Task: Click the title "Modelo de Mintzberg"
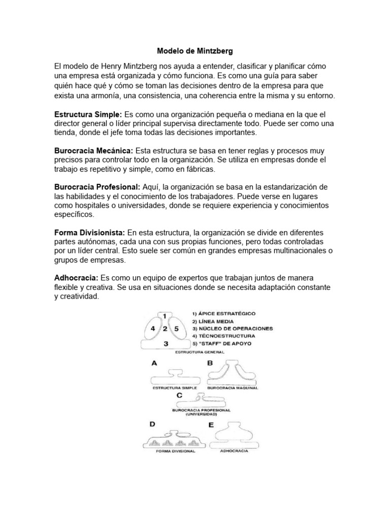pos(194,51)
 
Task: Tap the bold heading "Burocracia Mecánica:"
pos(93,151)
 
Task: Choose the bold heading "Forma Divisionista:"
pos(89,233)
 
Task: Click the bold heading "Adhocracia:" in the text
pos(76,278)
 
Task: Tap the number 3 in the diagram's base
pos(166,344)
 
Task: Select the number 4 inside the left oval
pos(153,329)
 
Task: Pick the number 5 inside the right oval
pos(177,329)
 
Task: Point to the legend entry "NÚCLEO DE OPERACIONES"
pos(235,329)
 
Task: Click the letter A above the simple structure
pos(153,363)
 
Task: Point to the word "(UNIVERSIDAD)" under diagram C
pos(203,414)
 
